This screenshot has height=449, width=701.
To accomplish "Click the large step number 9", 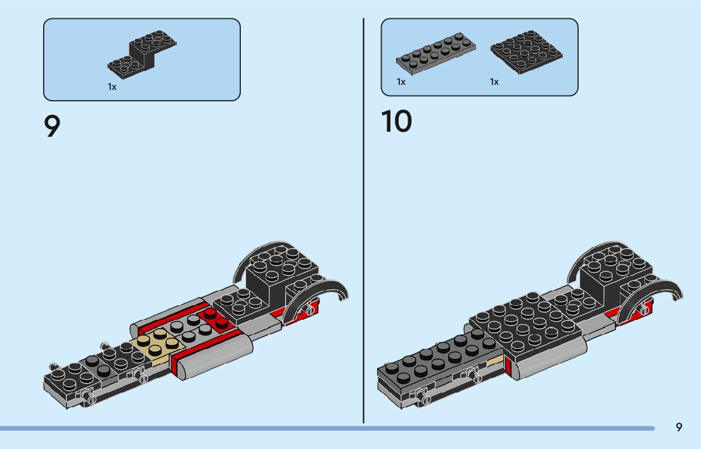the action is (52, 126).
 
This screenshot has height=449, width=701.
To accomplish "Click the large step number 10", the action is (396, 122).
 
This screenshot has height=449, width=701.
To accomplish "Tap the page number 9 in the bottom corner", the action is (679, 427).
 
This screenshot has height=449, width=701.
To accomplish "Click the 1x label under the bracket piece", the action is (112, 87).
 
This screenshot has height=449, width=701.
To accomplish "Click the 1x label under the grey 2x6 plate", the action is (401, 82).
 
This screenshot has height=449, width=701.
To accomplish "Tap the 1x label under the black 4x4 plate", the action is (494, 82).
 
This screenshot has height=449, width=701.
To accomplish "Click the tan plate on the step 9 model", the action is (156, 346).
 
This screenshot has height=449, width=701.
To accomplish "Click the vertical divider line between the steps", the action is (364, 222).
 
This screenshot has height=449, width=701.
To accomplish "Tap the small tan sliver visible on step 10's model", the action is (494, 363).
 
